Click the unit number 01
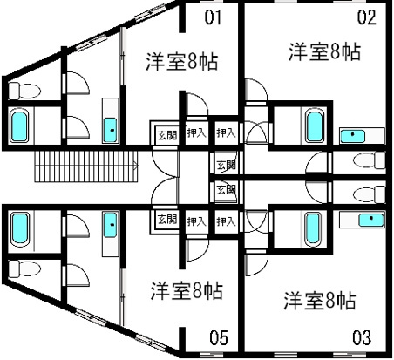[x=213, y=17]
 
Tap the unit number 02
[x=367, y=17]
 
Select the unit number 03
[x=362, y=337]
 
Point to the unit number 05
[x=219, y=337]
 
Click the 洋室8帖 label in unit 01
[x=181, y=61]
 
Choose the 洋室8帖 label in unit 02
[x=324, y=51]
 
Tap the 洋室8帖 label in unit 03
[x=320, y=301]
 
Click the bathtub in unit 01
[x=19, y=126]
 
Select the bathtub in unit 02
[x=314, y=126]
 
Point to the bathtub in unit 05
[x=20, y=229]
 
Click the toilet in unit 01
[x=24, y=91]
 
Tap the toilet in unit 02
[x=370, y=160]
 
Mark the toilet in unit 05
[x=24, y=268]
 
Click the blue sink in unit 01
[x=111, y=130]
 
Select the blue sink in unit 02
[x=352, y=136]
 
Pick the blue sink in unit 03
[x=371, y=220]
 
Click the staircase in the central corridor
[x=86, y=166]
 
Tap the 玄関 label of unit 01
[x=167, y=135]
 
